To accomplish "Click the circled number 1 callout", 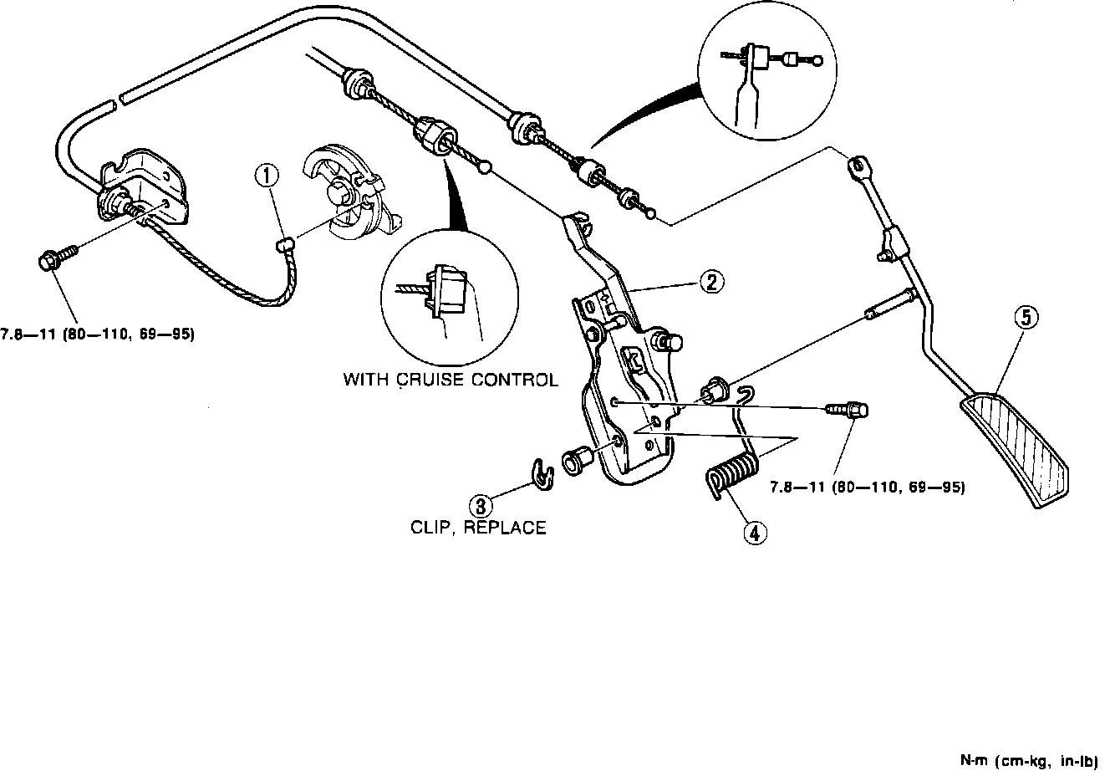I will coord(266,176).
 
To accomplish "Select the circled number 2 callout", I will coord(711,282).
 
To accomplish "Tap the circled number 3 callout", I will coord(481,505).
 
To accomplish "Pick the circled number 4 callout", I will coord(754,533).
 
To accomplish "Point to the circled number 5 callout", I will coord(1026,317).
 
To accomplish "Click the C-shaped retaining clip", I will coord(544,474).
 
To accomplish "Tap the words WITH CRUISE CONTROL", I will coord(451,380).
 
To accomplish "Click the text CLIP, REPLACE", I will coord(478,528).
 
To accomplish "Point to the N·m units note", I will coord(1031,760).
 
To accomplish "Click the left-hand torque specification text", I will coord(98,334).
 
